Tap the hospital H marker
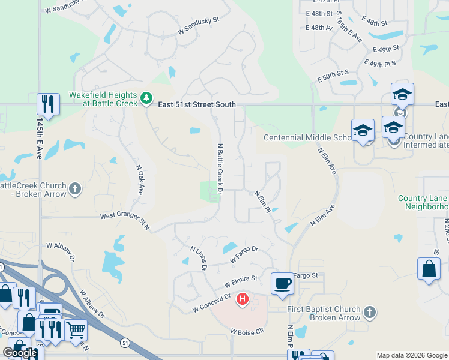point(243,298)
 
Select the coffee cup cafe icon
point(282,283)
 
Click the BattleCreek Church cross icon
point(75,189)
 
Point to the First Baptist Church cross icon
point(370,313)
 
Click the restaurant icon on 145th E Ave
point(47,104)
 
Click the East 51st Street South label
point(197,104)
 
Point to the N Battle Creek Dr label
point(220,169)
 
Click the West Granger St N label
point(124,218)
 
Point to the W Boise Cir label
point(247,331)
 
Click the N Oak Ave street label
point(140,180)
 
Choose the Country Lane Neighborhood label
point(423,203)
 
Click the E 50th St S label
point(333,76)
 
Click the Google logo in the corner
point(20,353)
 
